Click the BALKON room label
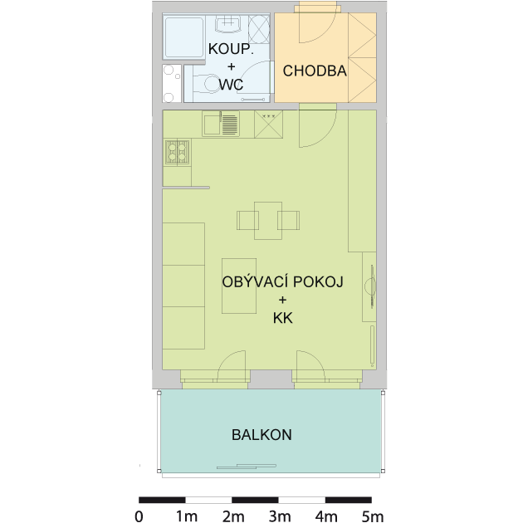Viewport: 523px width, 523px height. (x=261, y=435)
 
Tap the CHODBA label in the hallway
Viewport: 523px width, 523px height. (x=315, y=71)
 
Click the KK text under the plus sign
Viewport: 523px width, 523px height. (x=283, y=318)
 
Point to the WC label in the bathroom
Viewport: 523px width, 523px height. (x=231, y=84)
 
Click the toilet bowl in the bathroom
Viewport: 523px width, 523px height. (x=208, y=83)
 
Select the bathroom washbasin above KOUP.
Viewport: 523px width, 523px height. (x=228, y=23)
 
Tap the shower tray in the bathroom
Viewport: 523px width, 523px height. (x=183, y=37)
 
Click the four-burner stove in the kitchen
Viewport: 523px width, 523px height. (x=178, y=152)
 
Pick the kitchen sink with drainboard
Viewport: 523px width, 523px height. (x=221, y=124)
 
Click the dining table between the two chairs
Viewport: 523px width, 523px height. (x=268, y=221)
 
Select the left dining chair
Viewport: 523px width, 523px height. (x=247, y=220)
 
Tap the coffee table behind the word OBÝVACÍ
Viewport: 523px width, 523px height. (x=239, y=286)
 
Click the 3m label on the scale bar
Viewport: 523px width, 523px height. (x=279, y=516)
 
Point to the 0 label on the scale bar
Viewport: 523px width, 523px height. (x=139, y=516)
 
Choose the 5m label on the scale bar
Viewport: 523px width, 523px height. (x=373, y=516)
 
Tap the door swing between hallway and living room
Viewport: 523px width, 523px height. (x=325, y=137)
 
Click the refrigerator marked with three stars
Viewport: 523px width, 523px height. (x=268, y=124)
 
